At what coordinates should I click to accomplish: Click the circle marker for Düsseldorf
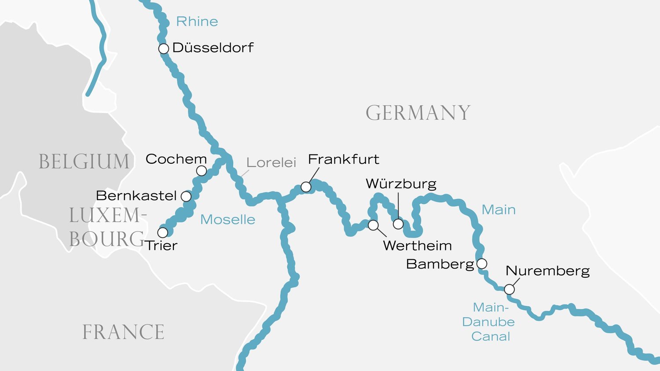[163, 48]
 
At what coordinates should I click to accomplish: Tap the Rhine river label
[197, 22]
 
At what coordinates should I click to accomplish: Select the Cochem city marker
[201, 170]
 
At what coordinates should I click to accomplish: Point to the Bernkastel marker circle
[186, 196]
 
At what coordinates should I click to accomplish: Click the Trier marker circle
[163, 232]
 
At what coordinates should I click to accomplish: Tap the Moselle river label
[227, 220]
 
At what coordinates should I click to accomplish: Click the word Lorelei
[271, 162]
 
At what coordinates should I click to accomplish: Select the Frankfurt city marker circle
[306, 187]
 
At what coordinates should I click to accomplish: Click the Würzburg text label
[401, 184]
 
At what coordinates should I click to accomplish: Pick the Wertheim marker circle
[373, 225]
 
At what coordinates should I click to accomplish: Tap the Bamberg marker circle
[482, 264]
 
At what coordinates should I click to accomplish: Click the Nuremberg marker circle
[509, 289]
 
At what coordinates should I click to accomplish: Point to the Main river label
[499, 209]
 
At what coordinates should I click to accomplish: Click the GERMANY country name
[418, 113]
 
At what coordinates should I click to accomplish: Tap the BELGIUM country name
[84, 162]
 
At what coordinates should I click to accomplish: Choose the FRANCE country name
[123, 332]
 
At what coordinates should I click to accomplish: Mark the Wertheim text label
[417, 246]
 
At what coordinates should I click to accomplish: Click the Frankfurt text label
[343, 159]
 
